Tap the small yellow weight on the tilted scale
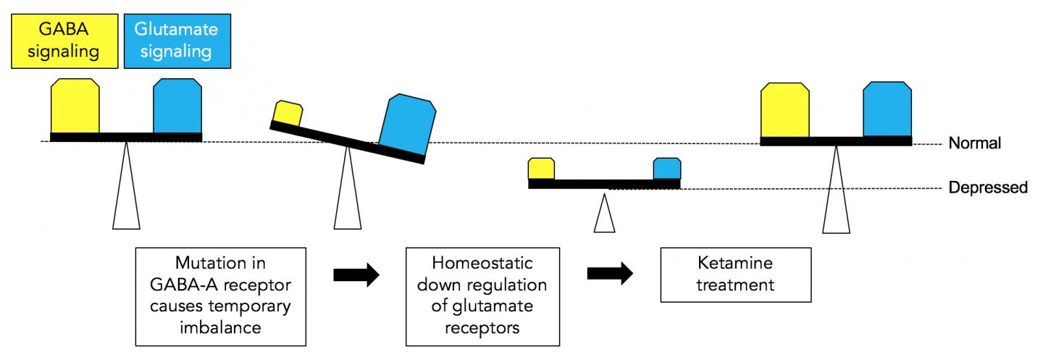288,114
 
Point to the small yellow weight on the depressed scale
541,169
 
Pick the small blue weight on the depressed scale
667,169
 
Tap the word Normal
974,143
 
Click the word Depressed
988,188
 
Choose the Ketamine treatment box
734,275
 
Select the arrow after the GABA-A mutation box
356,275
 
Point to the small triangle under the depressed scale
604,214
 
